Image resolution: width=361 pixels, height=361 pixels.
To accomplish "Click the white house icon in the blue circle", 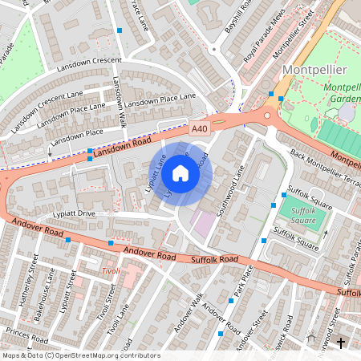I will (180, 172).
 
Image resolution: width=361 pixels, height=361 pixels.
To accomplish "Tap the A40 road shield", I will (200, 128).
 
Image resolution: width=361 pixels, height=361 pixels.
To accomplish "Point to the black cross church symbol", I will (341, 343).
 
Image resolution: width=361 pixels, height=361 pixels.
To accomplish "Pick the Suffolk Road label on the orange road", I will (214, 260).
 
